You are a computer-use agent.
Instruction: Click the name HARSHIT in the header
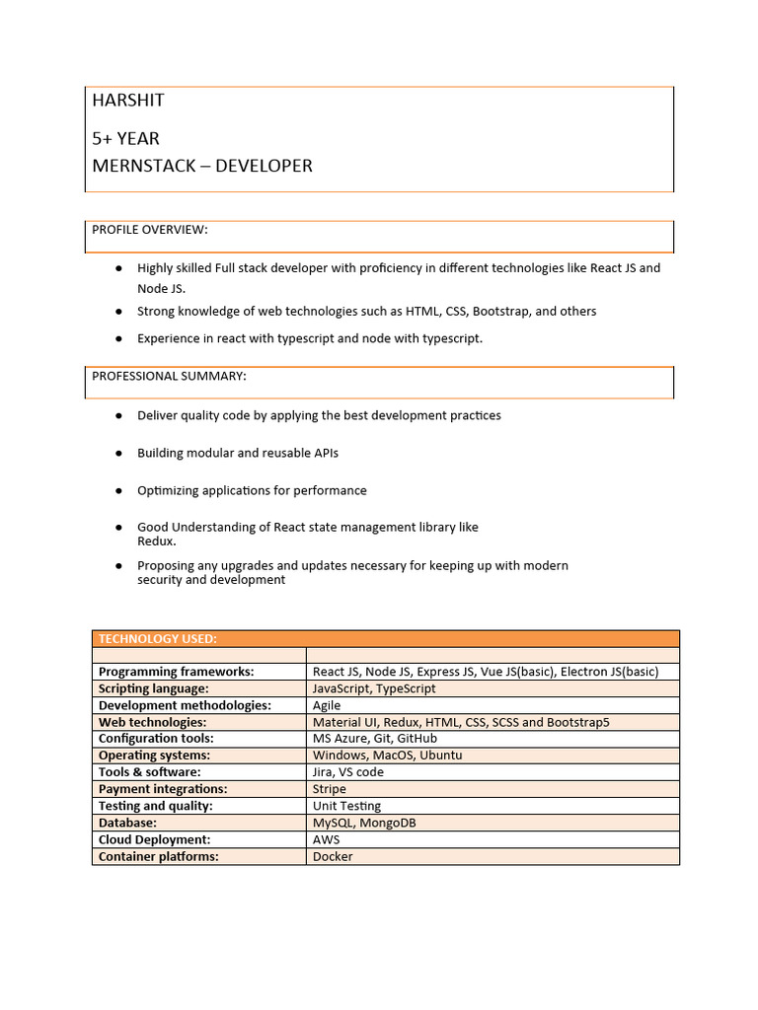(128, 101)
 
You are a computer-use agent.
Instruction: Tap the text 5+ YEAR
(125, 138)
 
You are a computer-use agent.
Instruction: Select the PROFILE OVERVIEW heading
(150, 230)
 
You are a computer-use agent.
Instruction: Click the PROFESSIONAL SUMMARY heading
(169, 376)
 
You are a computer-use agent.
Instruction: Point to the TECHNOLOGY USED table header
(158, 639)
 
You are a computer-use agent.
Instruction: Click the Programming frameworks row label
(176, 672)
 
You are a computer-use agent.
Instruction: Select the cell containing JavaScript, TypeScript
(374, 688)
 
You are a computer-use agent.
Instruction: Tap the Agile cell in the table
(327, 705)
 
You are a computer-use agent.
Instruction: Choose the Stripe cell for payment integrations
(330, 789)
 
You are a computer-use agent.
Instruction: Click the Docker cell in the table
(333, 856)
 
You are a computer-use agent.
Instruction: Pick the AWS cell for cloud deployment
(327, 839)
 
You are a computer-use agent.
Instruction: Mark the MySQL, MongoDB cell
(364, 823)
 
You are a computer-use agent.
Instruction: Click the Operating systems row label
(154, 756)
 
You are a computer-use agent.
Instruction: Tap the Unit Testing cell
(346, 806)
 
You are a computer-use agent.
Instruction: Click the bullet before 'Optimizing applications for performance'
(118, 490)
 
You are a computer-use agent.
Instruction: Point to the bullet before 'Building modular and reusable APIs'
(118, 453)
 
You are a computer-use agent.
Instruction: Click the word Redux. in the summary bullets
(156, 541)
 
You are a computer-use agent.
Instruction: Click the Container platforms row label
(158, 856)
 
